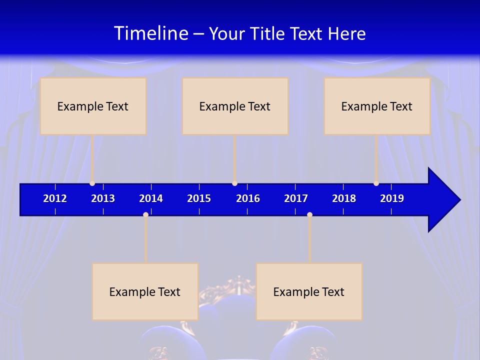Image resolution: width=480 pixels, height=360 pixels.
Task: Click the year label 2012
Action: (55, 198)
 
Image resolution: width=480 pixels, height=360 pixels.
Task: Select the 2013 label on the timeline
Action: (103, 198)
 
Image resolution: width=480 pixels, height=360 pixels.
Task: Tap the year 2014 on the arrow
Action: (151, 198)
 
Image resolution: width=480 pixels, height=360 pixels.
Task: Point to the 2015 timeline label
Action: (199, 198)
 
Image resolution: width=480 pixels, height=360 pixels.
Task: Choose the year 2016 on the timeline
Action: (248, 198)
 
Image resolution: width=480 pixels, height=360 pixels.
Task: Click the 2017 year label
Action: (296, 198)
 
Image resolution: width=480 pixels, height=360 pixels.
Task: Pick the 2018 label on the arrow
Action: (344, 198)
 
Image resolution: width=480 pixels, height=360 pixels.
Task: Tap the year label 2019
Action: (392, 198)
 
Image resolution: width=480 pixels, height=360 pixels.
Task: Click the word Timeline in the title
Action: (150, 33)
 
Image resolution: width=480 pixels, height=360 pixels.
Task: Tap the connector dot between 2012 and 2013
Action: (92, 183)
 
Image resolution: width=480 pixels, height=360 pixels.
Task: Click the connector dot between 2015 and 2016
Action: (234, 183)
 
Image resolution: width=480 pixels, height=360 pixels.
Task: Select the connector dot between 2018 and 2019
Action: (376, 183)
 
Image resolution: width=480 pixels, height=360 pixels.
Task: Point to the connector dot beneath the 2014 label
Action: (145, 214)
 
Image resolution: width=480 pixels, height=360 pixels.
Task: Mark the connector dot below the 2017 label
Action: (309, 214)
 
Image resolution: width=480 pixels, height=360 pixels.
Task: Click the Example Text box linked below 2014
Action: (145, 291)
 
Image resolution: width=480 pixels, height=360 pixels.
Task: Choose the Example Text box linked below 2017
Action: (309, 291)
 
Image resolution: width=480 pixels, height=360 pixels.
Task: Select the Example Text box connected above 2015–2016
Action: (235, 106)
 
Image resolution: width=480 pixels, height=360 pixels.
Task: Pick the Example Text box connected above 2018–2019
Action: (377, 106)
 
